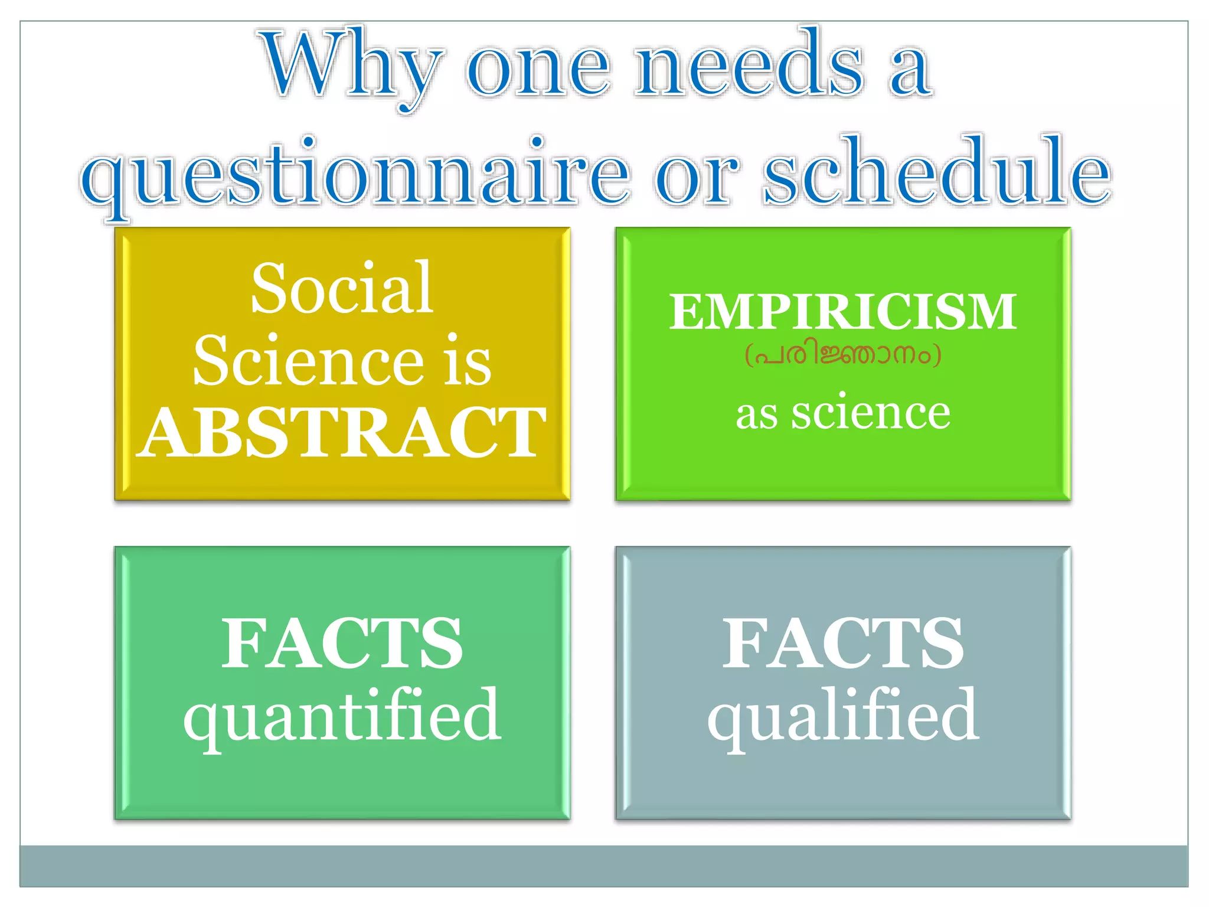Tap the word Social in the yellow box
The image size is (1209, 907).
coord(342,289)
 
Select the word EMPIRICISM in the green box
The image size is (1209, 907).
coord(842,311)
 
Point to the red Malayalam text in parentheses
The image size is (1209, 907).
coord(842,355)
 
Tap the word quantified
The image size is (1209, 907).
coord(342,716)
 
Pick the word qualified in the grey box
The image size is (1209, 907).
coord(842,716)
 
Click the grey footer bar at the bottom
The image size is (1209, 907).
coord(603,866)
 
